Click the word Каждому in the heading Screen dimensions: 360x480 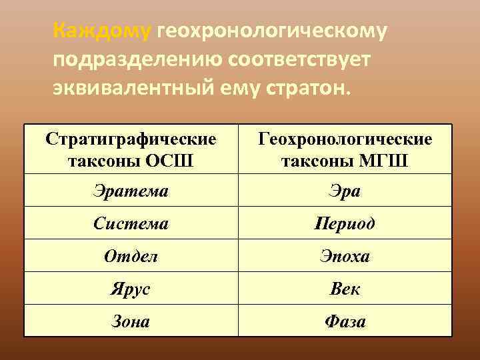coord(103,31)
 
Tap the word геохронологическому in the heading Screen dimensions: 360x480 coord(272,31)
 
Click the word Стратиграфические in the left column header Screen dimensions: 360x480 coord(131,139)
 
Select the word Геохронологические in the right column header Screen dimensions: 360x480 coord(345,139)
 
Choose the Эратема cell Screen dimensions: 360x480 coord(131,191)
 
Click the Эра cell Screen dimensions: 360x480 coord(345,191)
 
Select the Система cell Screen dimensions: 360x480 coord(131,223)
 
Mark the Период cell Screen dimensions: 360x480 coord(345,223)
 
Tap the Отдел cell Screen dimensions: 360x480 coord(131,256)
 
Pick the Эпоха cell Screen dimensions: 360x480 coord(345,256)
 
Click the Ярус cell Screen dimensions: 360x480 coord(131,289)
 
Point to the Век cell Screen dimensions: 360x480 coord(345,289)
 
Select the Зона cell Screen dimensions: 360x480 coord(131,321)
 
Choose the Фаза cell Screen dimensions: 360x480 coord(345,321)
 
